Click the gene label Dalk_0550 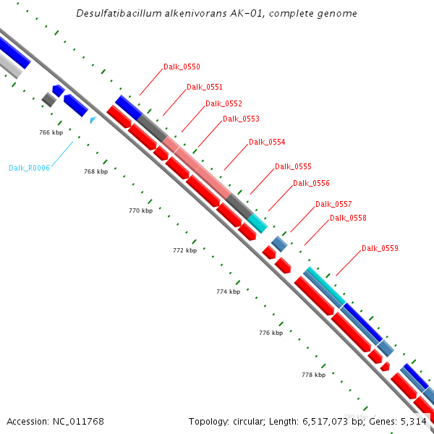(x=182, y=67)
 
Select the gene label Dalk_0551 (x=205, y=87)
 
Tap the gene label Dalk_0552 (x=224, y=103)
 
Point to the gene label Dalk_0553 (x=241, y=119)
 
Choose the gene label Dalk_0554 (x=267, y=142)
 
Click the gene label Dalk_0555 (x=293, y=166)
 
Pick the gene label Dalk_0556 (x=311, y=183)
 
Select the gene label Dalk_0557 (x=333, y=204)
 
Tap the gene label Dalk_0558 (x=348, y=218)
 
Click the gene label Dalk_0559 (x=380, y=248)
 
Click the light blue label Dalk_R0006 (x=29, y=168)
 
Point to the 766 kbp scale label (x=51, y=132)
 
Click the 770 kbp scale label (x=140, y=210)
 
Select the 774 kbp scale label (x=228, y=292)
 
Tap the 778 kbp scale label (x=313, y=375)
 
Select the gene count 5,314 (x=412, y=421)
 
